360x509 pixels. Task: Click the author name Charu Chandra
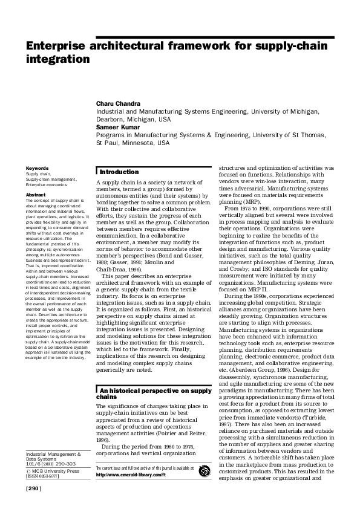pos(119,103)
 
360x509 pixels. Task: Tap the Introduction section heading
pos(119,172)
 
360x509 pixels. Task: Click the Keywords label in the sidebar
pos(37,168)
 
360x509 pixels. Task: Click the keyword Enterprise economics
pos(48,184)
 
